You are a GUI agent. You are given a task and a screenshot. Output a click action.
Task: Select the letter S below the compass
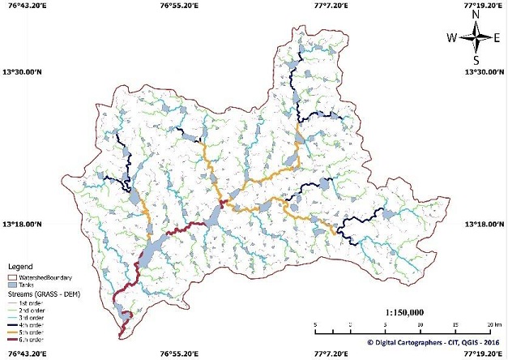coord(476,60)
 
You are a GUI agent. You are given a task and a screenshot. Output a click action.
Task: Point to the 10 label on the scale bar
coord(420,323)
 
